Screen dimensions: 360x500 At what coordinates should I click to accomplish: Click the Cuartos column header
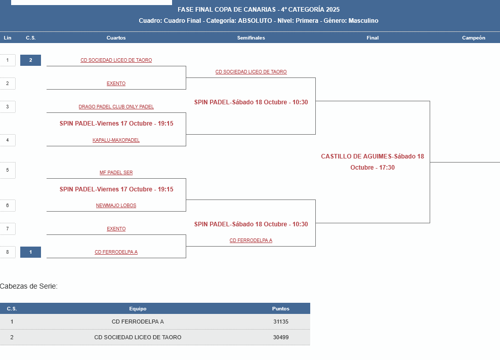(116, 38)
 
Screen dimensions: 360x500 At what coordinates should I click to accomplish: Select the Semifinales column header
(251, 38)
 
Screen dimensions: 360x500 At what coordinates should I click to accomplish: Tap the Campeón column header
(473, 38)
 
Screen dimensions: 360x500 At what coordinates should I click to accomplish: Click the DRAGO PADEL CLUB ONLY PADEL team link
(116, 107)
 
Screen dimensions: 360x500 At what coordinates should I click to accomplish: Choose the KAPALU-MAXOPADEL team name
(116, 140)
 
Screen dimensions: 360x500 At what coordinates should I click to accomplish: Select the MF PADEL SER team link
(116, 173)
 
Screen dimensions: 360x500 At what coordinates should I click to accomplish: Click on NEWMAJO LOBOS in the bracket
(116, 206)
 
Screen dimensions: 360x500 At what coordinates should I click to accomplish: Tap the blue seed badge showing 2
(30, 60)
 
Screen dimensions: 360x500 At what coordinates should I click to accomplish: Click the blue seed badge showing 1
(30, 252)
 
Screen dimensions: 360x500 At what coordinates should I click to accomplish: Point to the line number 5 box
(8, 170)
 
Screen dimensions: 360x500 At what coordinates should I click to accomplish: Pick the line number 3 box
(8, 107)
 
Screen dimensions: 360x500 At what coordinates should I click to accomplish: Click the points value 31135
(280, 322)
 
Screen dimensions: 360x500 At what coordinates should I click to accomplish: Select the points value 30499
(280, 337)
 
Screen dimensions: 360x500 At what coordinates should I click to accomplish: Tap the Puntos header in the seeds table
(280, 308)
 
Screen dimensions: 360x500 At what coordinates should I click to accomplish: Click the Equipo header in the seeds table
(138, 308)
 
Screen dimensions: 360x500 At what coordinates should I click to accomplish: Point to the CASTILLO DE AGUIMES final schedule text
(372, 162)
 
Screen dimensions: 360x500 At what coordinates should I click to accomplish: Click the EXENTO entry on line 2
(116, 84)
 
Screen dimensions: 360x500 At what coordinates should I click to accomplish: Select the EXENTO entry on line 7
(116, 229)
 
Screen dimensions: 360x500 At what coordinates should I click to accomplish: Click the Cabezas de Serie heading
(29, 286)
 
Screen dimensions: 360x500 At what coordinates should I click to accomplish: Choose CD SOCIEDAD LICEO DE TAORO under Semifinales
(251, 72)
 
